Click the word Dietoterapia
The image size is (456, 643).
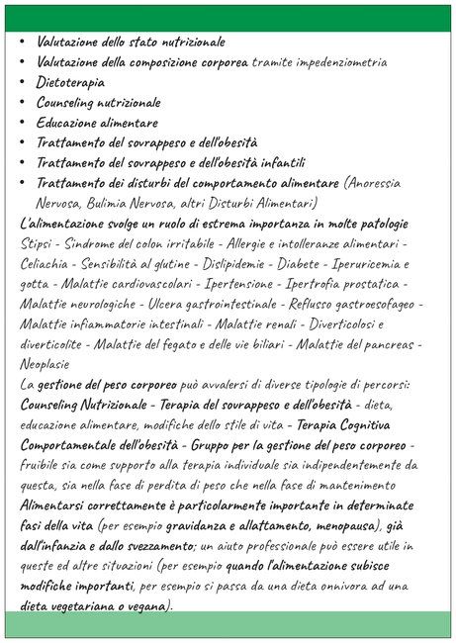[x=70, y=82]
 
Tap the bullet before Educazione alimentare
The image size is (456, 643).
[x=23, y=123]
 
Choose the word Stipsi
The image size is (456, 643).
[x=38, y=243]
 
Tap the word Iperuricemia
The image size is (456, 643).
[x=381, y=263]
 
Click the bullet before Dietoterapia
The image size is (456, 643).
[x=23, y=82]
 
